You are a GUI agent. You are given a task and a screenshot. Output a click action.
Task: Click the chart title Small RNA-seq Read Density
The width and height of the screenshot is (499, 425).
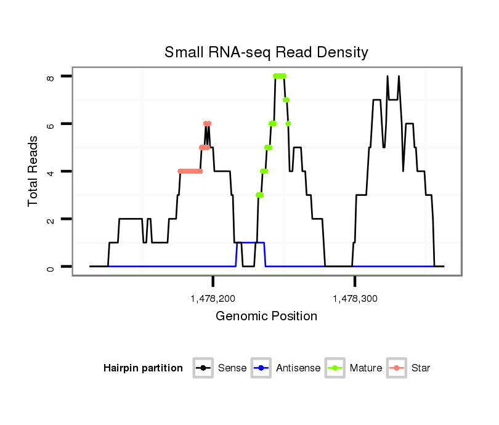click(266, 52)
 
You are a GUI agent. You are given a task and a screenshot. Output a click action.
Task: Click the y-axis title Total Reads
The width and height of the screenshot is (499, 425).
click(34, 171)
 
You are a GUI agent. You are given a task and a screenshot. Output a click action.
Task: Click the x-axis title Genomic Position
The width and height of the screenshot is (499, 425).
click(266, 317)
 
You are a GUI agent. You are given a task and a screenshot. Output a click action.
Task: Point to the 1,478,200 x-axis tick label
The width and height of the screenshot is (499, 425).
click(213, 299)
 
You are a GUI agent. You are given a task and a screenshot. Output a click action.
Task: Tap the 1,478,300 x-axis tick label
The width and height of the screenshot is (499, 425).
click(354, 299)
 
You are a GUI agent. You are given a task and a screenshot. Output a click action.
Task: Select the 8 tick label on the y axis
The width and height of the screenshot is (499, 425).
click(52, 77)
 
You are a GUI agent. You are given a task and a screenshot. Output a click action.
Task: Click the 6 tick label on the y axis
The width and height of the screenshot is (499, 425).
click(52, 124)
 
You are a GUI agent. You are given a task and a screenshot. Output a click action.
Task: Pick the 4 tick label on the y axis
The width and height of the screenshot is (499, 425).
click(52, 171)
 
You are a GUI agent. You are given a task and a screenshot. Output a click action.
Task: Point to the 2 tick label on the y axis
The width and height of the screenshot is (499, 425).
click(52, 219)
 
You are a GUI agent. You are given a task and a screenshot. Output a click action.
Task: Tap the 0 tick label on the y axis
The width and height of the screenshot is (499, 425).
click(52, 267)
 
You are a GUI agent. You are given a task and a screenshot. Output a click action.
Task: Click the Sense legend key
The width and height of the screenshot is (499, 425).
click(203, 368)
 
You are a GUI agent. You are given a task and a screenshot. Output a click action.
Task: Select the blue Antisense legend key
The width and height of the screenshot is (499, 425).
click(261, 368)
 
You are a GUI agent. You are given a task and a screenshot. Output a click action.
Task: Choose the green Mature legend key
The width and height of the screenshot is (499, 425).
click(335, 368)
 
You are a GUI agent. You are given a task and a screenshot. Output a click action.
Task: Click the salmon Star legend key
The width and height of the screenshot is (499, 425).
click(396, 368)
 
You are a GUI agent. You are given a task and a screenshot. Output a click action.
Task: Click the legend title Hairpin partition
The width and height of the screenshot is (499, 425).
click(143, 368)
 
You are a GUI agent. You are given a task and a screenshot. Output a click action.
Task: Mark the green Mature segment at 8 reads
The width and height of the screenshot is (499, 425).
click(280, 76)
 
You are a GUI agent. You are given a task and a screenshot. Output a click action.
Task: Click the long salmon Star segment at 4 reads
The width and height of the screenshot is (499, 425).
click(190, 171)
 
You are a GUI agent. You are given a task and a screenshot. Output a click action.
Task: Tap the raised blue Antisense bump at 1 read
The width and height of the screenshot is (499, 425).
click(251, 243)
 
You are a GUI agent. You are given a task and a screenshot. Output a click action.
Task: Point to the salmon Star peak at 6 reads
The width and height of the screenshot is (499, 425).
click(208, 124)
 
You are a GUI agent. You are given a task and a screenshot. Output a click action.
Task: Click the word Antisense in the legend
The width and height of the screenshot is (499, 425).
click(298, 368)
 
